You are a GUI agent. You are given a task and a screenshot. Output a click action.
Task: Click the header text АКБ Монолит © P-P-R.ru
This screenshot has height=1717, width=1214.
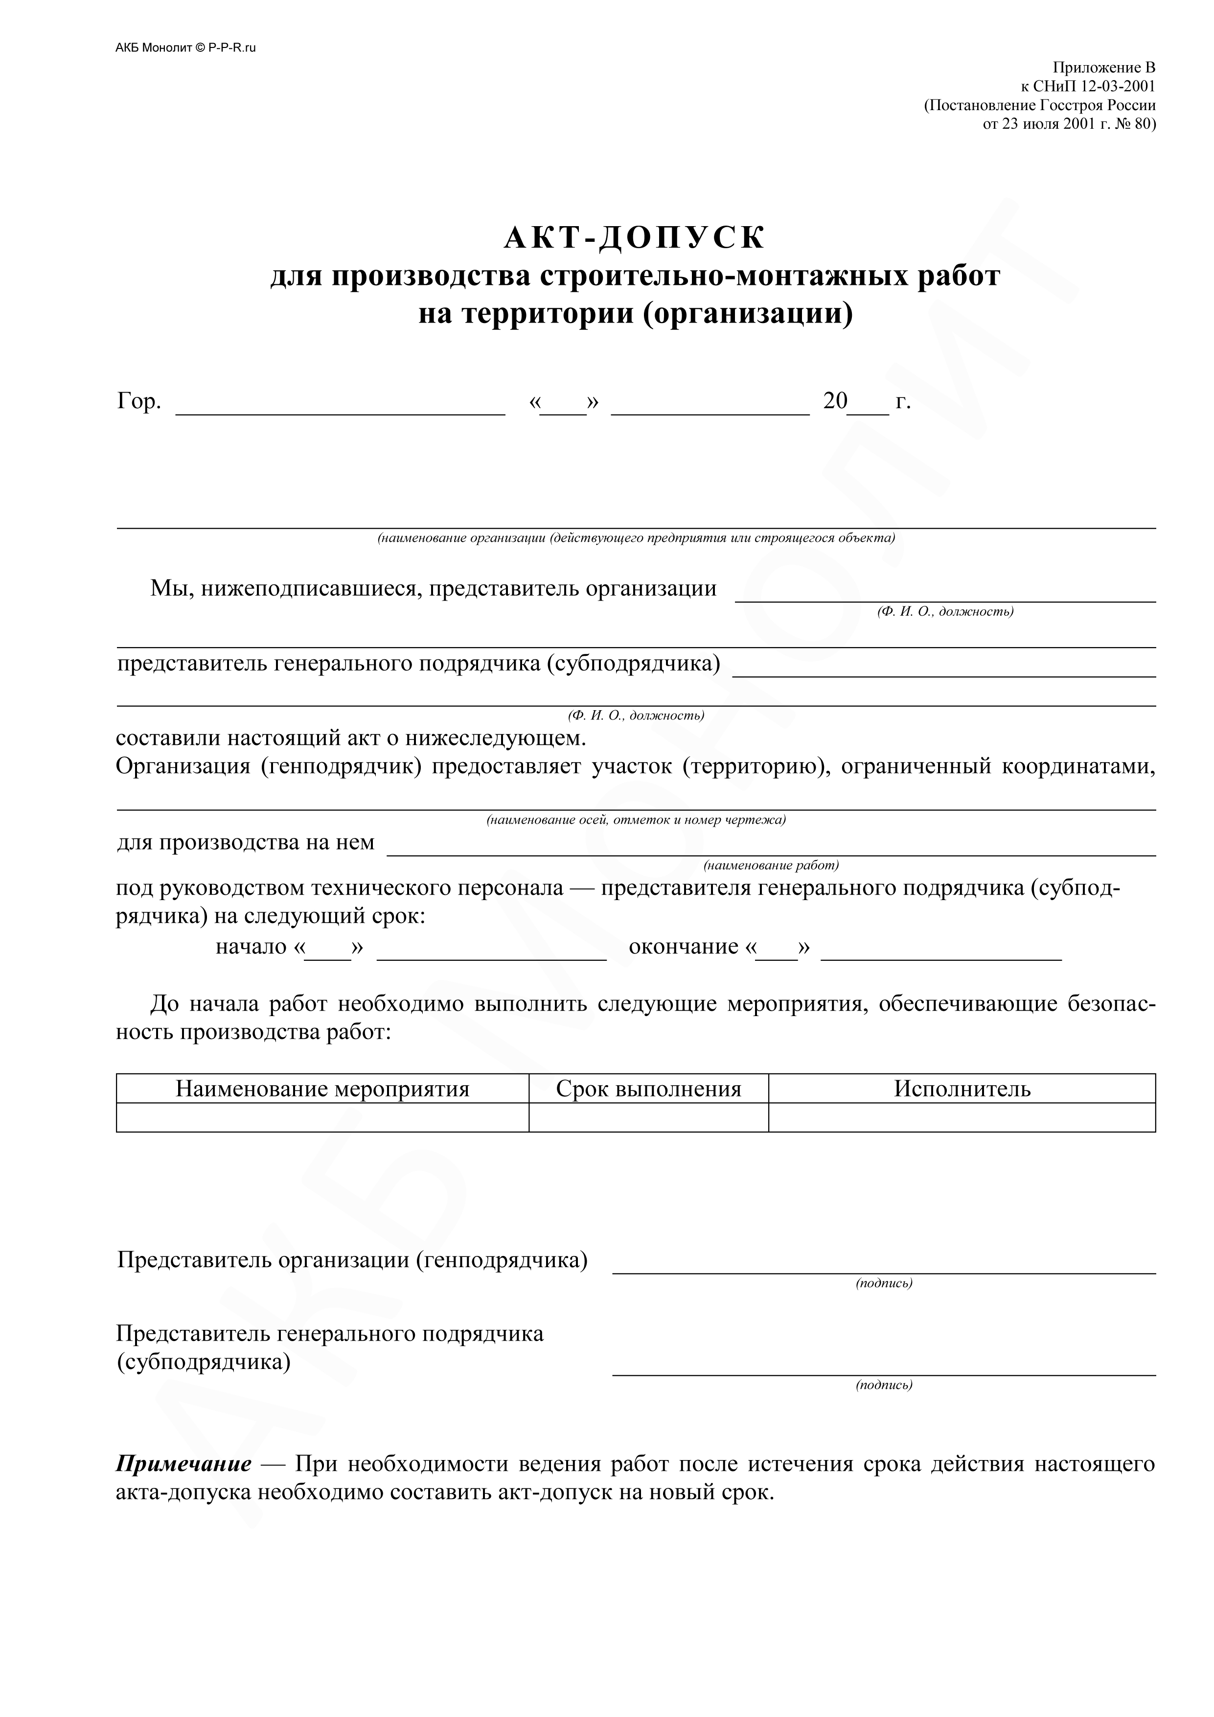pos(185,48)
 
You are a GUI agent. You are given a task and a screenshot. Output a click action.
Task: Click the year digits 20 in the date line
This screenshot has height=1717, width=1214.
pos(835,401)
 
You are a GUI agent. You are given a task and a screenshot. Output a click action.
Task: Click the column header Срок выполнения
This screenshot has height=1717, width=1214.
pos(648,1089)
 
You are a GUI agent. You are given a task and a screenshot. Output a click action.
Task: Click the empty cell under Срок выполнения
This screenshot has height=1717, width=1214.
pos(648,1117)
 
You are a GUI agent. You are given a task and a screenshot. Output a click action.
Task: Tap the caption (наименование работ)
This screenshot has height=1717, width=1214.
pos(771,865)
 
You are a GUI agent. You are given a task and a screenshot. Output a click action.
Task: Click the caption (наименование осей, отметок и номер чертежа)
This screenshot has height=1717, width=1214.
pos(636,820)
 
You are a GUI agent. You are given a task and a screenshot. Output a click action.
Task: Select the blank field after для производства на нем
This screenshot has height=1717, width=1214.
pos(771,848)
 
